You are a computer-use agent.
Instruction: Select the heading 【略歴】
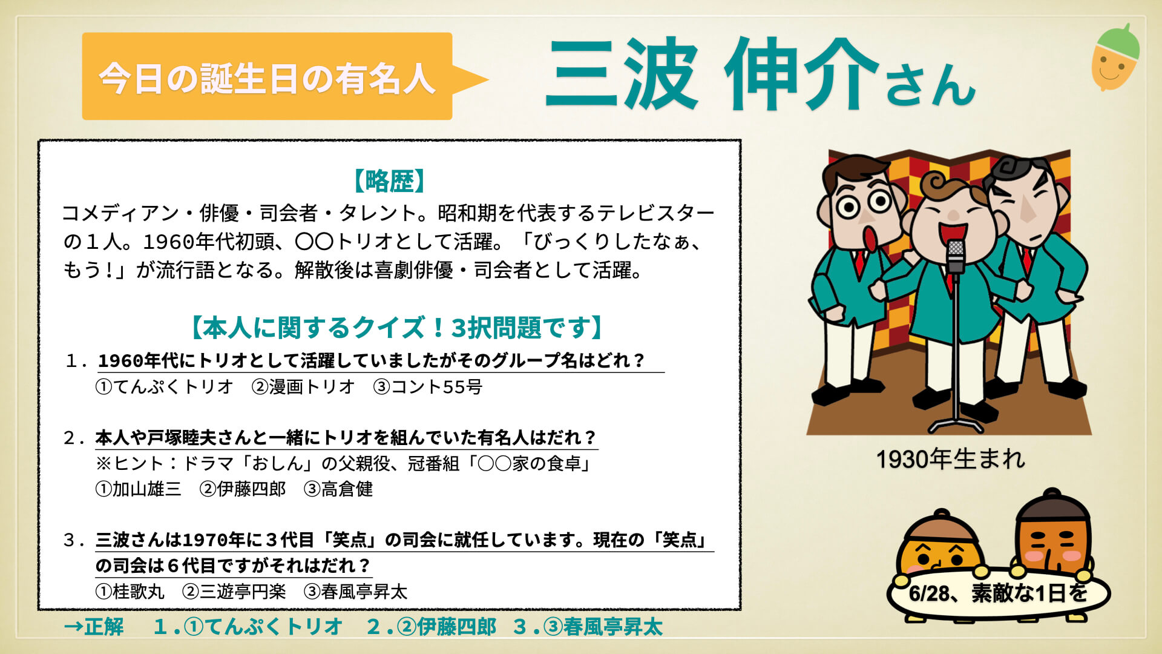[x=390, y=180]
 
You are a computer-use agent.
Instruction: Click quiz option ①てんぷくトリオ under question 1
[x=164, y=386]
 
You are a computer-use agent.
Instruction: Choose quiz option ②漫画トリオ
[x=303, y=386]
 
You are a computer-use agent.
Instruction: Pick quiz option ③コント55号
[x=427, y=386]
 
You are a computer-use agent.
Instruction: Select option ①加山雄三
[x=138, y=489]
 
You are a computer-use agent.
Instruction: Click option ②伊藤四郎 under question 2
[x=243, y=489]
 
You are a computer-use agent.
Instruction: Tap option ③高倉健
[x=338, y=489]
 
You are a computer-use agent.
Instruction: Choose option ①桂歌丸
[x=130, y=591]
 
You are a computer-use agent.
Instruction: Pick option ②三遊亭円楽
[x=234, y=591]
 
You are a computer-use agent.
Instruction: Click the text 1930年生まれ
[x=950, y=459]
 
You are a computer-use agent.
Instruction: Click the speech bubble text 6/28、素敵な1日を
[x=998, y=593]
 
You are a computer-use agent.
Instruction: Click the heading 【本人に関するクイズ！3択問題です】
[x=398, y=328]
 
